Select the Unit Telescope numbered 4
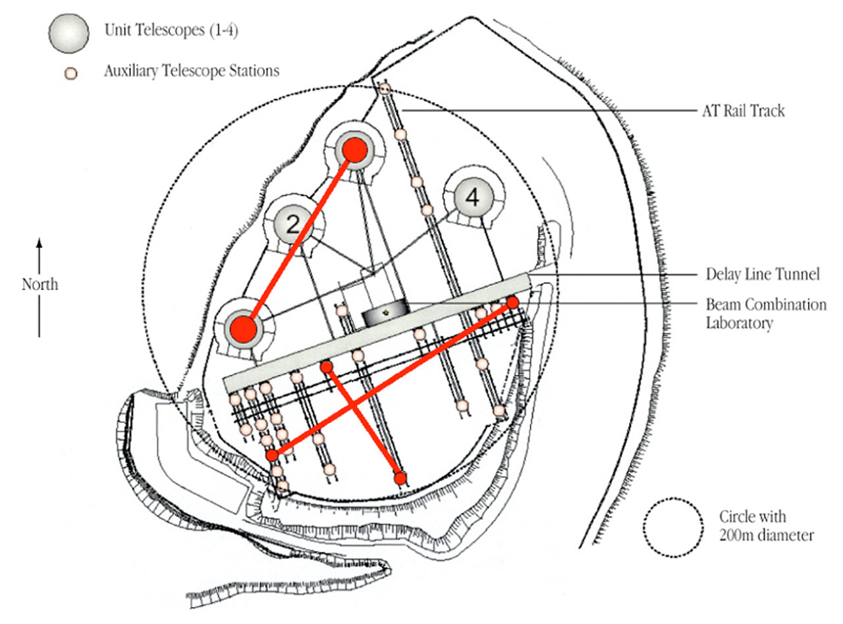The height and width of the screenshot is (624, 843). click(472, 196)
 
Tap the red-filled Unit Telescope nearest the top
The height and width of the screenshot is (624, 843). click(354, 150)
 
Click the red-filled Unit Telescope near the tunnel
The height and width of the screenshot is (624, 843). click(242, 327)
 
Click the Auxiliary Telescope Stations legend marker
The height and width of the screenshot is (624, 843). click(71, 73)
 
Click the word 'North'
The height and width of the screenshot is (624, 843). click(40, 285)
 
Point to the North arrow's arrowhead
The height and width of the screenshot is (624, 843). click(40, 242)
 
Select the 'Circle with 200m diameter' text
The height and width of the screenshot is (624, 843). click(766, 526)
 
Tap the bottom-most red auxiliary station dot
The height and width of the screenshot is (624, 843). click(400, 478)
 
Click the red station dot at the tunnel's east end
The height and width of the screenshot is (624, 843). click(512, 302)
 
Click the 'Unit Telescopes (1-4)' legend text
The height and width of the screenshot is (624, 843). click(171, 31)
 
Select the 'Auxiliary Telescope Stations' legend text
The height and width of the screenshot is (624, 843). click(191, 72)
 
